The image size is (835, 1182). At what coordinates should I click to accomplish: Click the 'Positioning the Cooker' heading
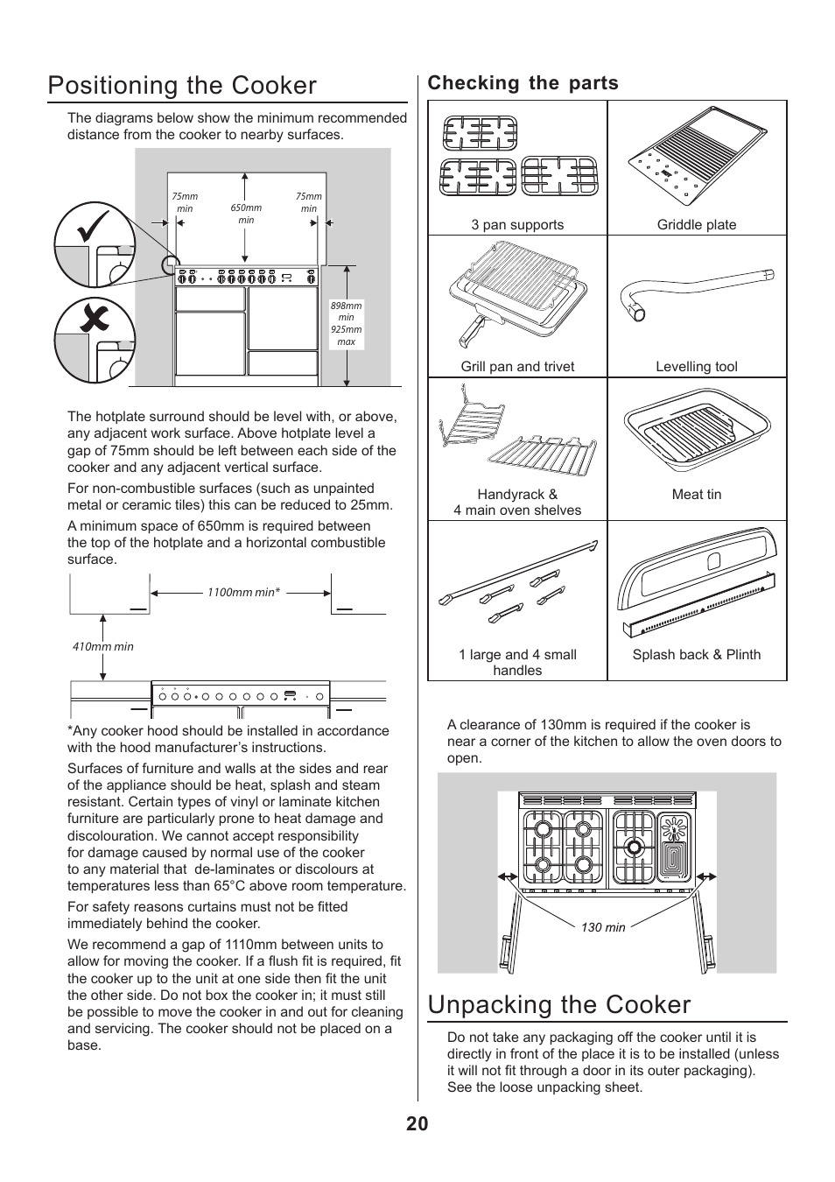click(182, 86)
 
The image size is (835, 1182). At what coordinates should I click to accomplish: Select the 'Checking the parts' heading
click(523, 83)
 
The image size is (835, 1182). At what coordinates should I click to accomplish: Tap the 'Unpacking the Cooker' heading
click(559, 1004)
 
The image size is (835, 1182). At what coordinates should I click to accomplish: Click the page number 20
click(417, 1124)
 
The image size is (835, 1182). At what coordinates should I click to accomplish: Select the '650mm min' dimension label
click(246, 214)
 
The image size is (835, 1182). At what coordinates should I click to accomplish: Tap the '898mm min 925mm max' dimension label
click(346, 324)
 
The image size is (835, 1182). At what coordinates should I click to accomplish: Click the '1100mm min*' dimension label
click(243, 593)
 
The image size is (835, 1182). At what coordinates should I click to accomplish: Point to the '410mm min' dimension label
click(102, 647)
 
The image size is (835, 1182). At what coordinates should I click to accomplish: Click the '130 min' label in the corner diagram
click(603, 928)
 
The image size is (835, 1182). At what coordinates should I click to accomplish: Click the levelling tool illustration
click(696, 294)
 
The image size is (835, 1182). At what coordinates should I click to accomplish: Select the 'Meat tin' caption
click(697, 495)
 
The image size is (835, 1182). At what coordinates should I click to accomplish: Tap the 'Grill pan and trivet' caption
click(517, 367)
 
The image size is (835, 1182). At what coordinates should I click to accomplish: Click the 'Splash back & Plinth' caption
click(697, 655)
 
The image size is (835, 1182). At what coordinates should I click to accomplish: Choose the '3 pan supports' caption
click(517, 225)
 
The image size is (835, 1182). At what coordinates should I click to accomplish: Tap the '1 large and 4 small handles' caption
click(517, 663)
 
